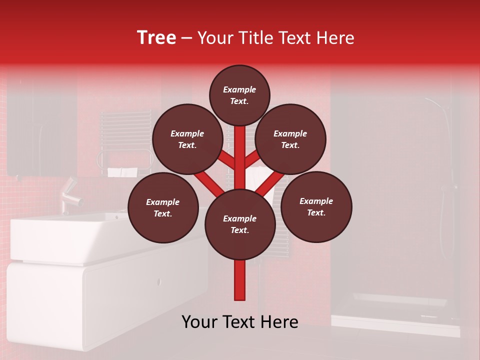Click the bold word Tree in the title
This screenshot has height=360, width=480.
156,38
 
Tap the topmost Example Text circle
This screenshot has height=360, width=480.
239,95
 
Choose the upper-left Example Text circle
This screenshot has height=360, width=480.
187,139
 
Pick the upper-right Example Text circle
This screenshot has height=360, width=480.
290,139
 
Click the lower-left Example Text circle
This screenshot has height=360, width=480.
163,207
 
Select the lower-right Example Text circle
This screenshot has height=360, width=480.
316,206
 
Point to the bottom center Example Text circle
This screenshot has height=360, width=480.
239,224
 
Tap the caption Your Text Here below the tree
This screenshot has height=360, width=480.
239,322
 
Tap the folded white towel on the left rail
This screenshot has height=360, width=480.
122,172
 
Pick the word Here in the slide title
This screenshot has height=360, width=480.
335,38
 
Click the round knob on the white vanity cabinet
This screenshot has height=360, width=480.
159,281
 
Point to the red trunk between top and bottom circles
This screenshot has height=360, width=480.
239,157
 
